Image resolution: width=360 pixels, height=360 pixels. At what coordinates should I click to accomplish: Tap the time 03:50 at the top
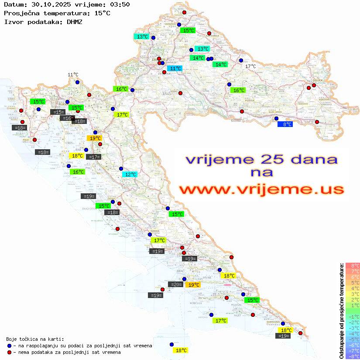point(118,4)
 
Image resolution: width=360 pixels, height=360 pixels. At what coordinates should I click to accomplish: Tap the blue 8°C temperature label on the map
point(285,124)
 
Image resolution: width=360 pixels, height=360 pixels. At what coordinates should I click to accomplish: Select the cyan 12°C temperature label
point(130,175)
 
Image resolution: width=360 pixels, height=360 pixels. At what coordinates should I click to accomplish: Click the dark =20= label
point(176,285)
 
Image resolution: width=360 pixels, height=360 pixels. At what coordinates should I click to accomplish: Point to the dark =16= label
point(67,118)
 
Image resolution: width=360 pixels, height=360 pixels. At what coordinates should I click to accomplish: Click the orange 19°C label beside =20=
point(193,285)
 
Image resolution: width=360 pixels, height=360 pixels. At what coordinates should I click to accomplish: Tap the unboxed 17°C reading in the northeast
point(250,66)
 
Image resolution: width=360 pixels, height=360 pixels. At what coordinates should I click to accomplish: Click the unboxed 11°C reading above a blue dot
point(73,75)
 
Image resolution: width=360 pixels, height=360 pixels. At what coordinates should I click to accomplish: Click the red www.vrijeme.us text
point(261,189)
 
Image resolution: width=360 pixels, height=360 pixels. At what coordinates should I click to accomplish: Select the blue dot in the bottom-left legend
point(10,346)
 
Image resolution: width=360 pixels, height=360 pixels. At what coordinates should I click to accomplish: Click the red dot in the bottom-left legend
point(10,352)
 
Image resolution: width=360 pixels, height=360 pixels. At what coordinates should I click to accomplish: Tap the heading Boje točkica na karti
point(35,339)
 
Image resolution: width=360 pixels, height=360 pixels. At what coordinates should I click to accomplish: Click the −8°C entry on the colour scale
point(352,356)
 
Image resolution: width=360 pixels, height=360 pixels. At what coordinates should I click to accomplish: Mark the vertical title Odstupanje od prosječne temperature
point(341,311)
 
